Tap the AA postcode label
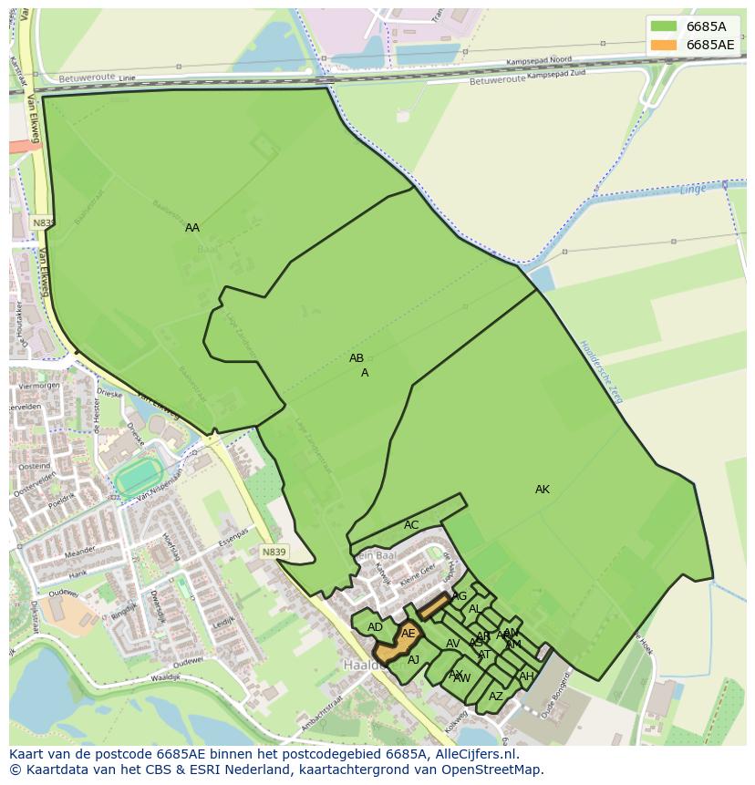tap(192, 228)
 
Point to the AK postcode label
tap(543, 490)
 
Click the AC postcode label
tap(411, 525)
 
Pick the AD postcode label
tap(375, 627)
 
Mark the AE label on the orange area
tap(409, 633)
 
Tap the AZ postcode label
tap(496, 697)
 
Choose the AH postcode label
tap(526, 677)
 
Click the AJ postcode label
tap(413, 660)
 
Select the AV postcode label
tap(453, 644)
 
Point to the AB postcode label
tap(357, 358)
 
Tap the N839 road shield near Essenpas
tap(274, 553)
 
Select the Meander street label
tap(80, 551)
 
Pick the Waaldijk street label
tap(167, 678)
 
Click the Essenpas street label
tap(233, 534)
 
